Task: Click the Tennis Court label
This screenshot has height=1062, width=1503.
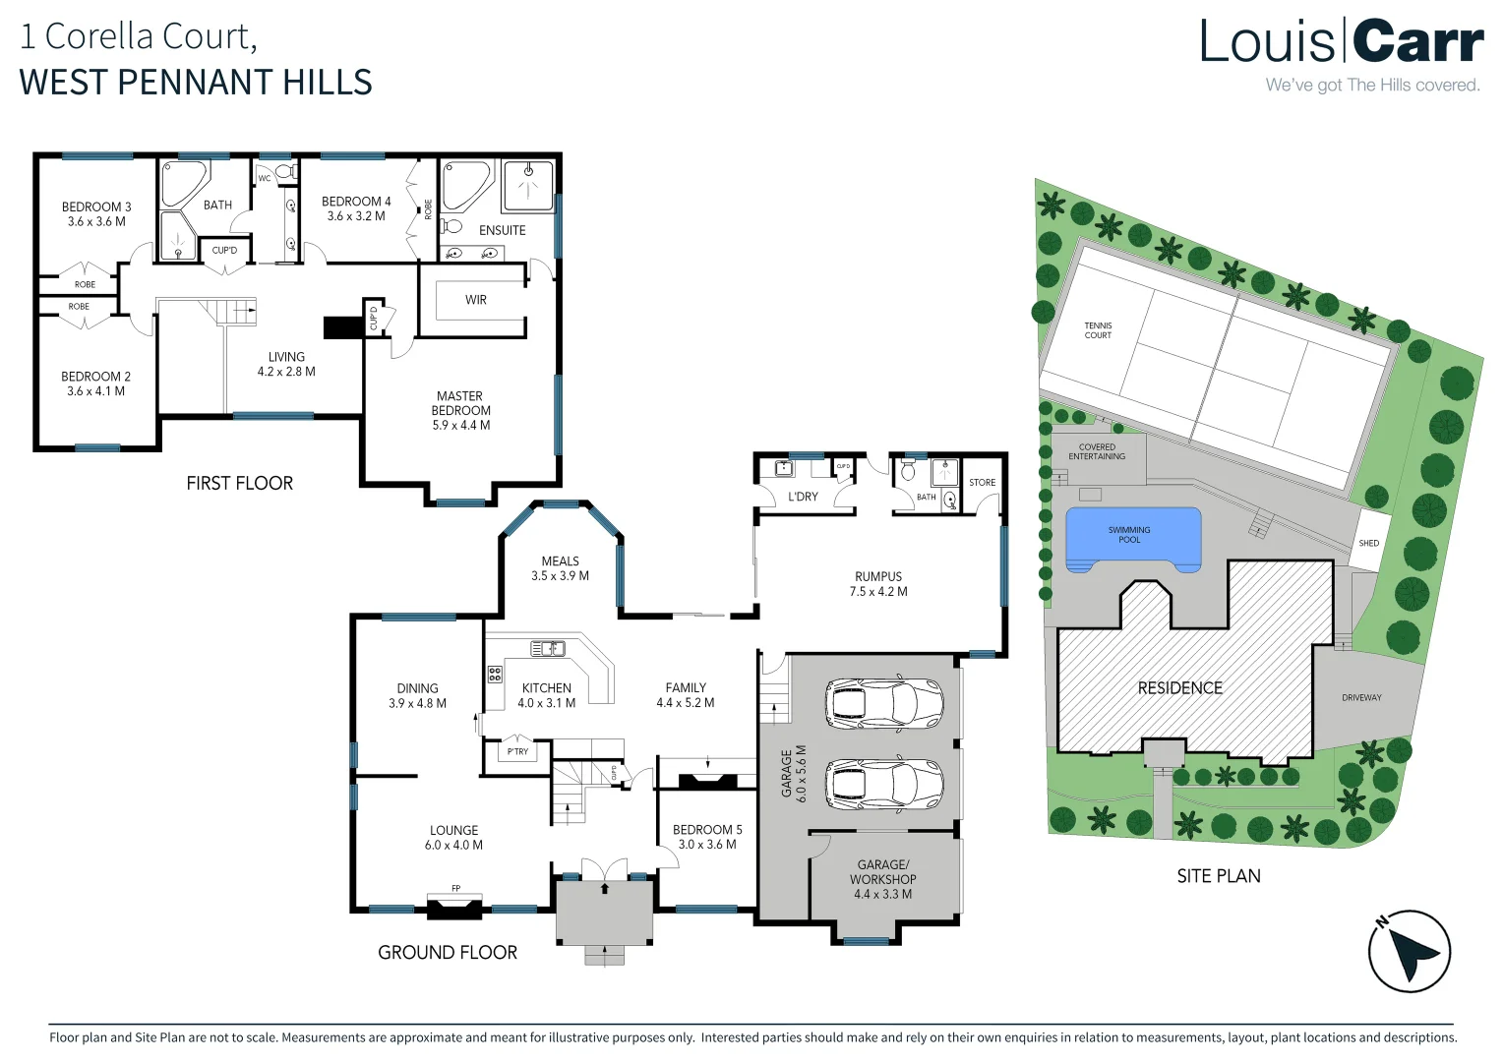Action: click(x=1098, y=330)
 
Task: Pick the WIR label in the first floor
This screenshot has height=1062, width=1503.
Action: click(x=476, y=300)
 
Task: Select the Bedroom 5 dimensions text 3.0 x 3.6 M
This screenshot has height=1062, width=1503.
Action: click(x=707, y=845)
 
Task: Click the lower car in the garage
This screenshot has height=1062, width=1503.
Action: click(x=884, y=784)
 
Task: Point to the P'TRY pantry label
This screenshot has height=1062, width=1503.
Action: click(x=517, y=751)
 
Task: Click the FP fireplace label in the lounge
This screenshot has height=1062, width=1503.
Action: click(x=455, y=888)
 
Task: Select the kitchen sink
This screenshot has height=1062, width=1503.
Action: click(x=548, y=648)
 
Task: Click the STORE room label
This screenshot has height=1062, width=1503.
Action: click(x=982, y=483)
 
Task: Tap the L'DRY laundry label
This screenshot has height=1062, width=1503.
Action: click(x=803, y=497)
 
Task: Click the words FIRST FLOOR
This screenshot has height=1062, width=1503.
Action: click(x=239, y=483)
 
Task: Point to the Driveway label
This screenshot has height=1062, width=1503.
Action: click(x=1361, y=698)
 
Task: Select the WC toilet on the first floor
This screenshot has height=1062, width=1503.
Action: click(x=284, y=173)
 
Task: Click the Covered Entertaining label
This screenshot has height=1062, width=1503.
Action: click(x=1097, y=451)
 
